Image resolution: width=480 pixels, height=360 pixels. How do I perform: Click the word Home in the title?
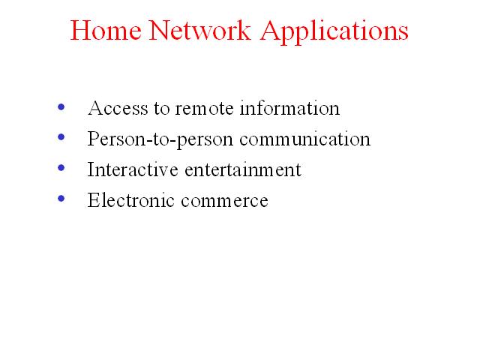106,30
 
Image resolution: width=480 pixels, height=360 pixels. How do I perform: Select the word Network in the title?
200,30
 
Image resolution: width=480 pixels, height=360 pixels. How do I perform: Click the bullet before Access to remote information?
61,106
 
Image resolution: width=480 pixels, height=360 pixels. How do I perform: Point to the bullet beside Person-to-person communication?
61,136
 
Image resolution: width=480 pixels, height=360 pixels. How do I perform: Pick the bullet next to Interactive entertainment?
61,168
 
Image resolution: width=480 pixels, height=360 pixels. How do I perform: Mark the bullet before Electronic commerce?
61,198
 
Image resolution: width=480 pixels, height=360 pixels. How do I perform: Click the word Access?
118,108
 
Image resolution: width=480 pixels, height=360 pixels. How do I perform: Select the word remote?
204,109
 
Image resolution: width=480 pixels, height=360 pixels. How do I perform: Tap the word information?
289,108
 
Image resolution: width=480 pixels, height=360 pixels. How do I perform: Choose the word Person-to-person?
160,140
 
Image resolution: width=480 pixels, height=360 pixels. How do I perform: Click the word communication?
305,139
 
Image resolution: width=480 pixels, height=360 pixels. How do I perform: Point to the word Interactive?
133,169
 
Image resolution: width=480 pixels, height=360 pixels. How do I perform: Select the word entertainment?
243,169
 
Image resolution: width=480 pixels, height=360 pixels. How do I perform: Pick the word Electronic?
130,200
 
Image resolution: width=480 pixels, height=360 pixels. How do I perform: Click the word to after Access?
162,109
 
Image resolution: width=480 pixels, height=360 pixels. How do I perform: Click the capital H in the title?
80,31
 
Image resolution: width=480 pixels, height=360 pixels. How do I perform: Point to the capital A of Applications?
271,30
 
